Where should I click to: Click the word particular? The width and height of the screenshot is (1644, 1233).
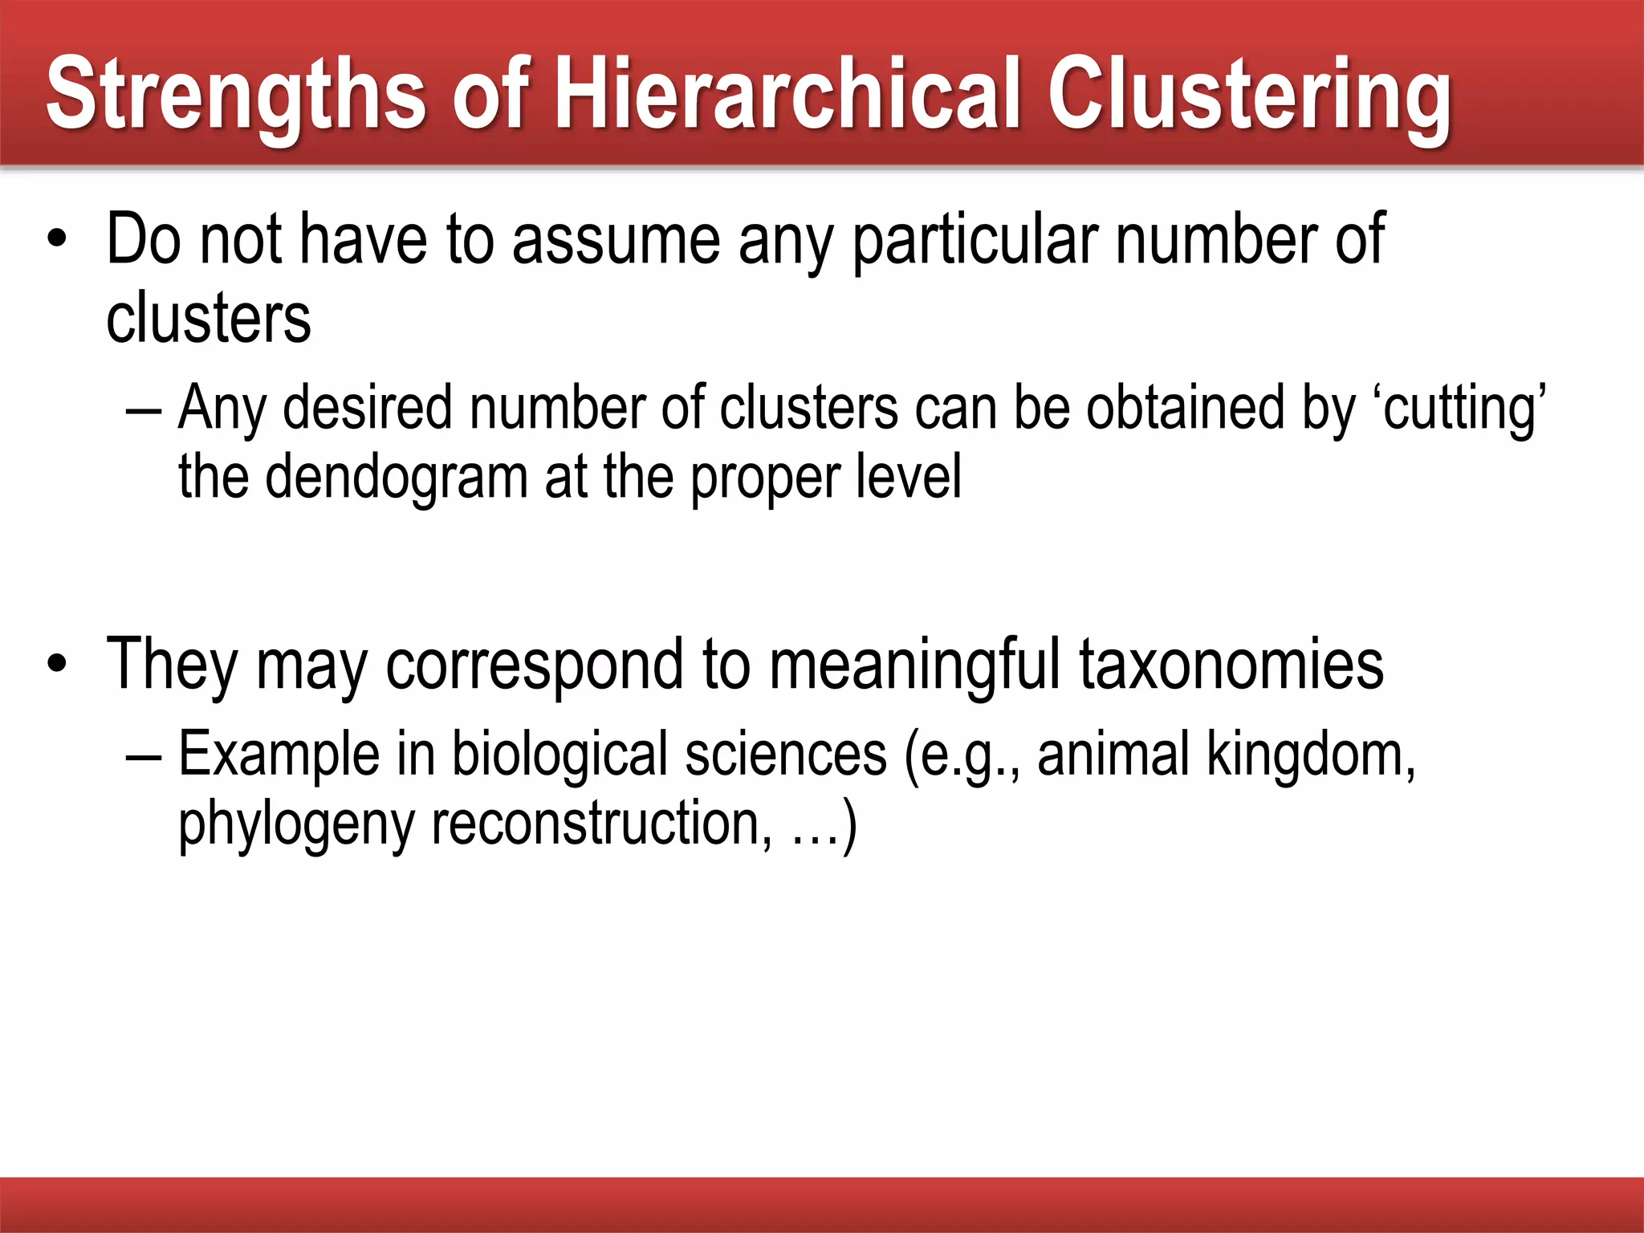[975, 241]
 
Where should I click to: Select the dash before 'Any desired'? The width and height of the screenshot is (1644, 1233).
[144, 410]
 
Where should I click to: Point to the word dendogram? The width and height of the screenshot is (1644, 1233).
[397, 478]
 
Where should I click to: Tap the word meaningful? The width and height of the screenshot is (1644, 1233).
[915, 666]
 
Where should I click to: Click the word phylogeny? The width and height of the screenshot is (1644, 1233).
[296, 825]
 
